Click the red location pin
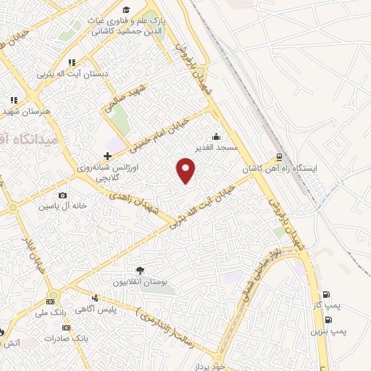[x=187, y=170]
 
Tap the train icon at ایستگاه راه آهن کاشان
[x=277, y=158]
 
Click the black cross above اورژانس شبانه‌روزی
[x=107, y=156]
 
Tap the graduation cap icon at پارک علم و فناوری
[x=127, y=9]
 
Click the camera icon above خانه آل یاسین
[x=63, y=195]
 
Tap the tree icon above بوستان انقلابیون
[x=140, y=270]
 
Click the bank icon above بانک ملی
[x=50, y=302]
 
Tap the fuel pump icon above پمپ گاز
[x=325, y=295]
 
